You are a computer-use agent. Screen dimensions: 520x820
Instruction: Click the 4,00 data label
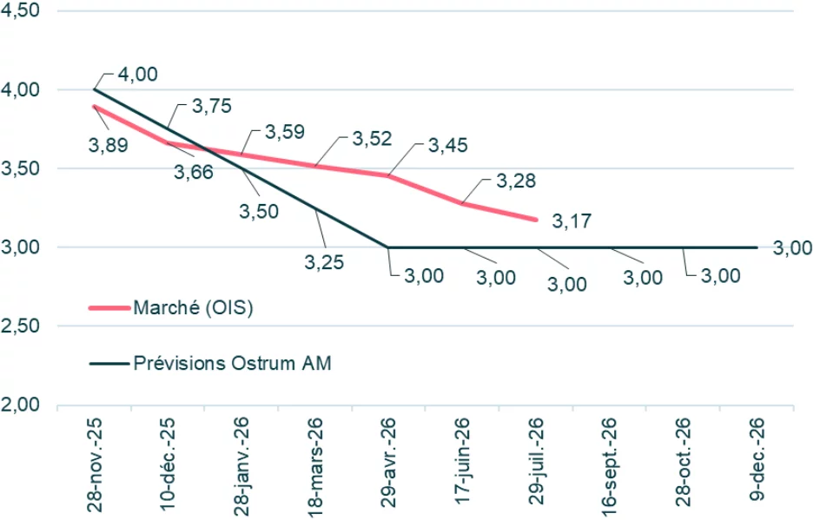[137, 75]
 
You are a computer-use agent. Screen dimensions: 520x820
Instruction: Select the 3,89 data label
[108, 145]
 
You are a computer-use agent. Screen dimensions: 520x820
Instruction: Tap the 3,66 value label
[193, 172]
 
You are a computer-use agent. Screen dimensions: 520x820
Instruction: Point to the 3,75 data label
[211, 106]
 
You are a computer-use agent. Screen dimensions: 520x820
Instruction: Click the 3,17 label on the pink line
[572, 221]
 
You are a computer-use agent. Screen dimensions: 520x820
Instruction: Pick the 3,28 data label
[515, 181]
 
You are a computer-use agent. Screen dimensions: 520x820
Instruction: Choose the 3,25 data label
[325, 260]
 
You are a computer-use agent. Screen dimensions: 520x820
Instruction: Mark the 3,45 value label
[447, 145]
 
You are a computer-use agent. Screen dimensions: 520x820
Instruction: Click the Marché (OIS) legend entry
[192, 307]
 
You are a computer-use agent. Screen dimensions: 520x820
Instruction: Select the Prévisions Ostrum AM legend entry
[231, 363]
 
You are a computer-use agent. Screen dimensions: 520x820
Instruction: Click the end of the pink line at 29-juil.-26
[536, 220]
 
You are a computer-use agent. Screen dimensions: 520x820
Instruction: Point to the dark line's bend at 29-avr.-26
[388, 247]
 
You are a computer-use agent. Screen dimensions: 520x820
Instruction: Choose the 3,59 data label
[284, 132]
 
